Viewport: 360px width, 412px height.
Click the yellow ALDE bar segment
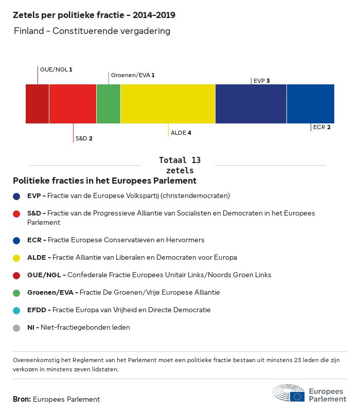(x=168, y=104)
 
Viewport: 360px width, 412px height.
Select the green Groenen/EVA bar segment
(x=109, y=104)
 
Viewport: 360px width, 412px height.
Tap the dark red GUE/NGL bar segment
(x=38, y=104)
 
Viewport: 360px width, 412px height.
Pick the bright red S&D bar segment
(x=73, y=104)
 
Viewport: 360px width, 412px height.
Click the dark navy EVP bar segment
(x=251, y=104)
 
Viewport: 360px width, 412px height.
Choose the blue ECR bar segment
(x=311, y=104)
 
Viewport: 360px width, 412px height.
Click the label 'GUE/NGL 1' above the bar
(x=56, y=69)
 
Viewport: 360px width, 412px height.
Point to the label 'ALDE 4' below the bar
(x=181, y=133)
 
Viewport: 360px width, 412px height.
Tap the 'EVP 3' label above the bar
(x=262, y=81)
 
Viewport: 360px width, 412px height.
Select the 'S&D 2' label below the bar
(x=84, y=138)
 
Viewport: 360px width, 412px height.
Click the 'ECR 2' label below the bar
(x=321, y=127)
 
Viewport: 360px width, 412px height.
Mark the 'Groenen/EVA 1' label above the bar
(x=133, y=75)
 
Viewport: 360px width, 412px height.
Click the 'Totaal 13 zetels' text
(x=180, y=165)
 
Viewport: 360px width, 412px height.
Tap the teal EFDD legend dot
(x=17, y=310)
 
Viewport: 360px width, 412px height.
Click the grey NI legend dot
(x=17, y=328)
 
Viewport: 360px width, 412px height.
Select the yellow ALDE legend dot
(x=17, y=258)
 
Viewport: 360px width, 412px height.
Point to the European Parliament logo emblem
(x=289, y=393)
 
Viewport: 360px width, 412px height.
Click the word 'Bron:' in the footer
(x=22, y=399)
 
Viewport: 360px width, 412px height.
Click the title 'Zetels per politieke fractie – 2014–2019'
(x=94, y=15)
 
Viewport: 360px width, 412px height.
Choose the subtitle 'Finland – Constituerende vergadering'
(x=92, y=31)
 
